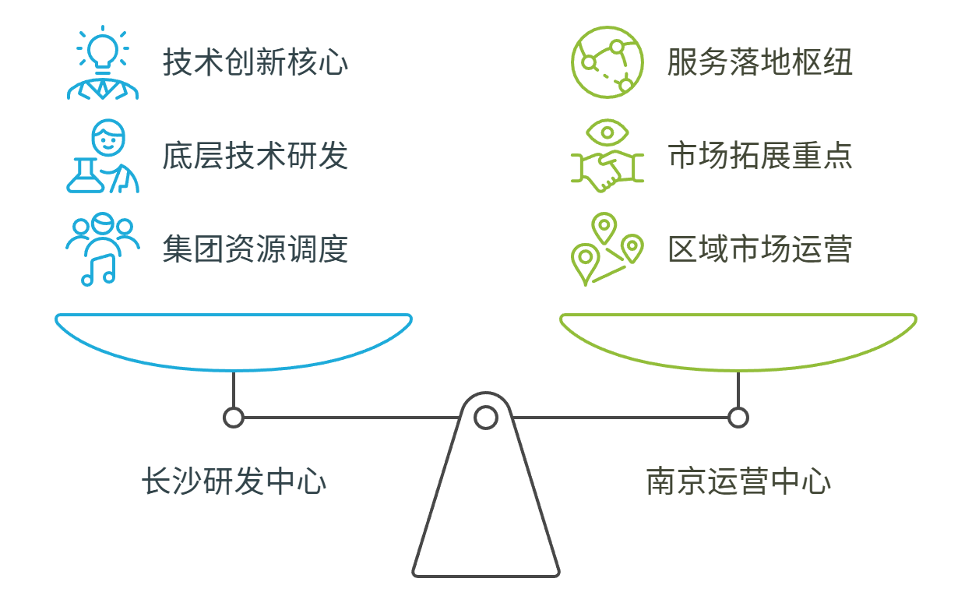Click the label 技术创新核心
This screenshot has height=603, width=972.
click(x=255, y=63)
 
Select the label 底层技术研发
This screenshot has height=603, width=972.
click(x=255, y=157)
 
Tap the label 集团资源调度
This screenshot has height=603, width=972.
click(x=255, y=250)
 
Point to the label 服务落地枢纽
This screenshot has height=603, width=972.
click(x=759, y=63)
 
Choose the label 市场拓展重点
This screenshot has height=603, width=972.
click(x=759, y=157)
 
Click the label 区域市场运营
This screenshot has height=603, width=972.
click(x=759, y=250)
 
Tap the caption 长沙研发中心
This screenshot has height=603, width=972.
click(x=233, y=481)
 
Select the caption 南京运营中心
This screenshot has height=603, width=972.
click(x=738, y=481)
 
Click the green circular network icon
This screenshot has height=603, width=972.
click(x=607, y=63)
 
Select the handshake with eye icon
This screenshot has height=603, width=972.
click(x=607, y=157)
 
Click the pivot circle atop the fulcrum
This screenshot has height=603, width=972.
click(x=486, y=418)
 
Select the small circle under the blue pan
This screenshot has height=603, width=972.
click(x=233, y=418)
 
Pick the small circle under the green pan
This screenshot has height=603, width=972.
click(x=738, y=418)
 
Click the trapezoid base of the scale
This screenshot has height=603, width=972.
click(x=486, y=514)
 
